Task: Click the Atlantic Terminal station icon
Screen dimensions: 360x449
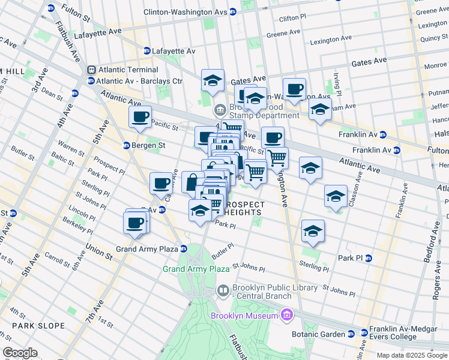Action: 91,70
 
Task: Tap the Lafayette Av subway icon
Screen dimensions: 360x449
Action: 146,51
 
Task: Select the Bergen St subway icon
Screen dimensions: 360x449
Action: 127,145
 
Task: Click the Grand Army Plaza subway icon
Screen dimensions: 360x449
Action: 184,249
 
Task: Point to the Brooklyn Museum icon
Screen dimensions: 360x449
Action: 287,316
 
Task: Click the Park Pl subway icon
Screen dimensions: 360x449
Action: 369,258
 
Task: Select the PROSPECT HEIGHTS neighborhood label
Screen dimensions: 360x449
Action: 245,208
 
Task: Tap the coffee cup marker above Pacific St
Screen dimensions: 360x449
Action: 140,116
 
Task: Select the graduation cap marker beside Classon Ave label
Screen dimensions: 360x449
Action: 336,196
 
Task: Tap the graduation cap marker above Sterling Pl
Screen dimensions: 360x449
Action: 312,230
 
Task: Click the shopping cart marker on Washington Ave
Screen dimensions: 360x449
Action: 277,158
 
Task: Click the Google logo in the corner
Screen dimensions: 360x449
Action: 20,353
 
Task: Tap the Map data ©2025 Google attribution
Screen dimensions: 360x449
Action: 412,355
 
